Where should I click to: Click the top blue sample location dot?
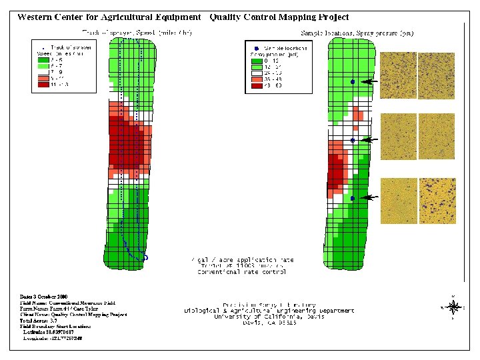click(353, 81)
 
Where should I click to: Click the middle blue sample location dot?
click(352, 141)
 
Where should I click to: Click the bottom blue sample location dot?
click(352, 199)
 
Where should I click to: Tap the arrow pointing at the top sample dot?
click(370, 81)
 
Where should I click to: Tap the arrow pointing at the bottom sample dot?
click(369, 198)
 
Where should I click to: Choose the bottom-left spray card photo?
click(398, 201)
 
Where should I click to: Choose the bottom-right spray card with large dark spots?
click(437, 201)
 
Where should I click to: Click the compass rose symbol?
click(453, 307)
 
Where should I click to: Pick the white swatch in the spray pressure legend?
click(257, 72)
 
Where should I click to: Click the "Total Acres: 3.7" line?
click(40, 320)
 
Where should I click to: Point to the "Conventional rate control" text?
click(240, 272)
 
